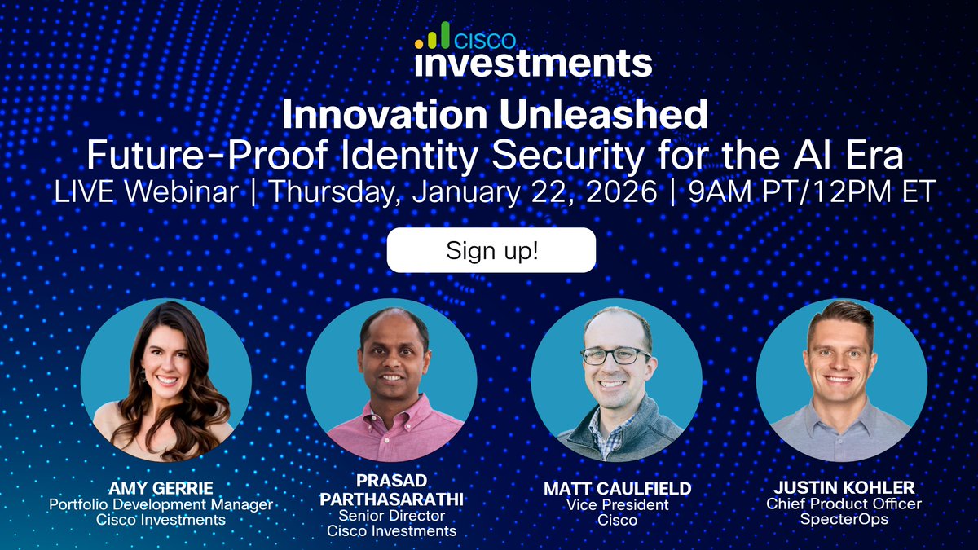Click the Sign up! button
pos(491,250)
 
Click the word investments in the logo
pos(533,63)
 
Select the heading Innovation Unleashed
pos(495,115)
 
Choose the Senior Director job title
pos(391,516)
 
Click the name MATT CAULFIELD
pos(617,489)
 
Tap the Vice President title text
pos(617,504)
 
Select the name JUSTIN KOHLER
pos(843,489)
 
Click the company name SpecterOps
pos(843,520)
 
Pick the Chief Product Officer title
pos(843,504)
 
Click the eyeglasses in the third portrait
pos(615,356)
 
